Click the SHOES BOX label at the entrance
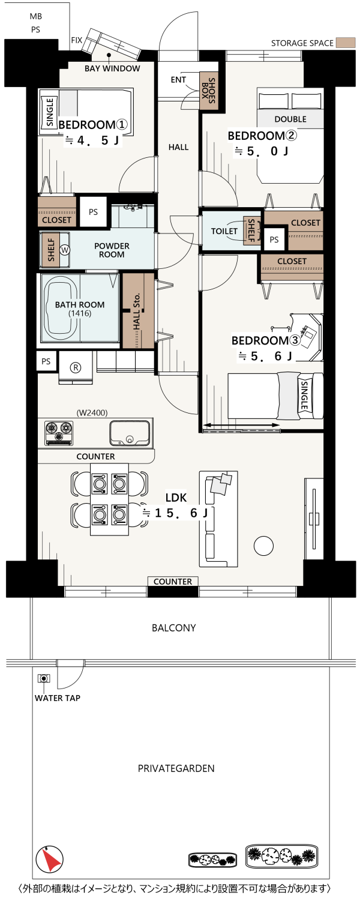click(x=209, y=91)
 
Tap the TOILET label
click(x=224, y=231)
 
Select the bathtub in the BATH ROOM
click(x=61, y=308)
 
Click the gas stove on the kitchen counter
click(x=59, y=433)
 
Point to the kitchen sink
click(x=130, y=433)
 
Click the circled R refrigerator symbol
click(x=76, y=367)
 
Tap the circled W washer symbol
click(x=65, y=250)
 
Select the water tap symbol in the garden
click(x=43, y=678)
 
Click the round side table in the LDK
click(x=264, y=546)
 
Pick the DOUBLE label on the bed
click(x=290, y=119)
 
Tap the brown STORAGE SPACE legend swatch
click(x=346, y=43)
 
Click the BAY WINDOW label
click(x=112, y=68)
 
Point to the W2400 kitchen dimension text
click(x=92, y=412)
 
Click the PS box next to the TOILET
click(x=274, y=240)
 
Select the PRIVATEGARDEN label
click(x=176, y=769)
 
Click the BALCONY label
click(x=174, y=628)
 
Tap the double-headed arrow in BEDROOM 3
click(x=241, y=425)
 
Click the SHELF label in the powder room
click(x=51, y=250)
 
